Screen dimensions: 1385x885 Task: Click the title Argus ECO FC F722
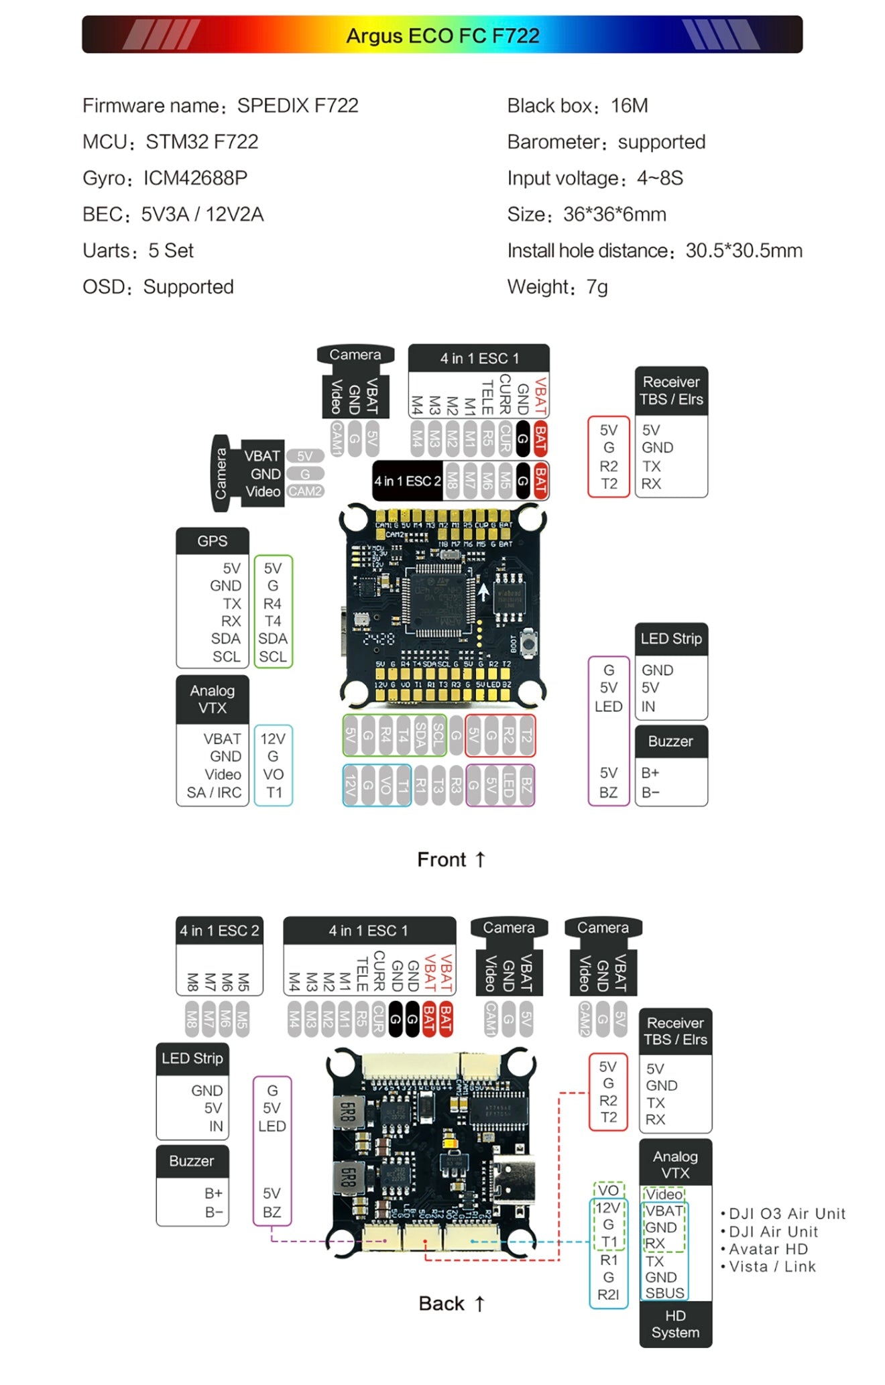(x=442, y=36)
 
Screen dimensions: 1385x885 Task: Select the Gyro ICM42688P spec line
(x=165, y=178)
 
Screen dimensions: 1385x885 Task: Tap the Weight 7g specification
(x=557, y=287)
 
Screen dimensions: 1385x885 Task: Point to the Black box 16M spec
(x=577, y=106)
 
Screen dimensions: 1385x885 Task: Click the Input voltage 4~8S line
(x=595, y=178)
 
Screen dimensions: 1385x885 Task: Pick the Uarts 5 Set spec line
(x=138, y=251)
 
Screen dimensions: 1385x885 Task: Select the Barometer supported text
(x=606, y=142)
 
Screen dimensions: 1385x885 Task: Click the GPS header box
(x=213, y=541)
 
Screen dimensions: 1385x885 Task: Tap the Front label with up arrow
(x=451, y=859)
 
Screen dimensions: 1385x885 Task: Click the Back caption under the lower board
(x=451, y=1303)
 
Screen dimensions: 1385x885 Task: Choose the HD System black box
(x=675, y=1324)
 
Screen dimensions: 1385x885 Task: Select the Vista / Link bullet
(x=772, y=1266)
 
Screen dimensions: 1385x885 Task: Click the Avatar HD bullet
(x=768, y=1249)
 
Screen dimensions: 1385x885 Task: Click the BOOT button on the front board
(x=529, y=642)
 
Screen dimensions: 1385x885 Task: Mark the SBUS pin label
(x=664, y=1292)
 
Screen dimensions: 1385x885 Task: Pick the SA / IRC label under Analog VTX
(x=214, y=792)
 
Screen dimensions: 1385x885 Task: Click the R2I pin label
(x=608, y=1294)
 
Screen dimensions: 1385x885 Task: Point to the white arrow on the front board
(x=483, y=592)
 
